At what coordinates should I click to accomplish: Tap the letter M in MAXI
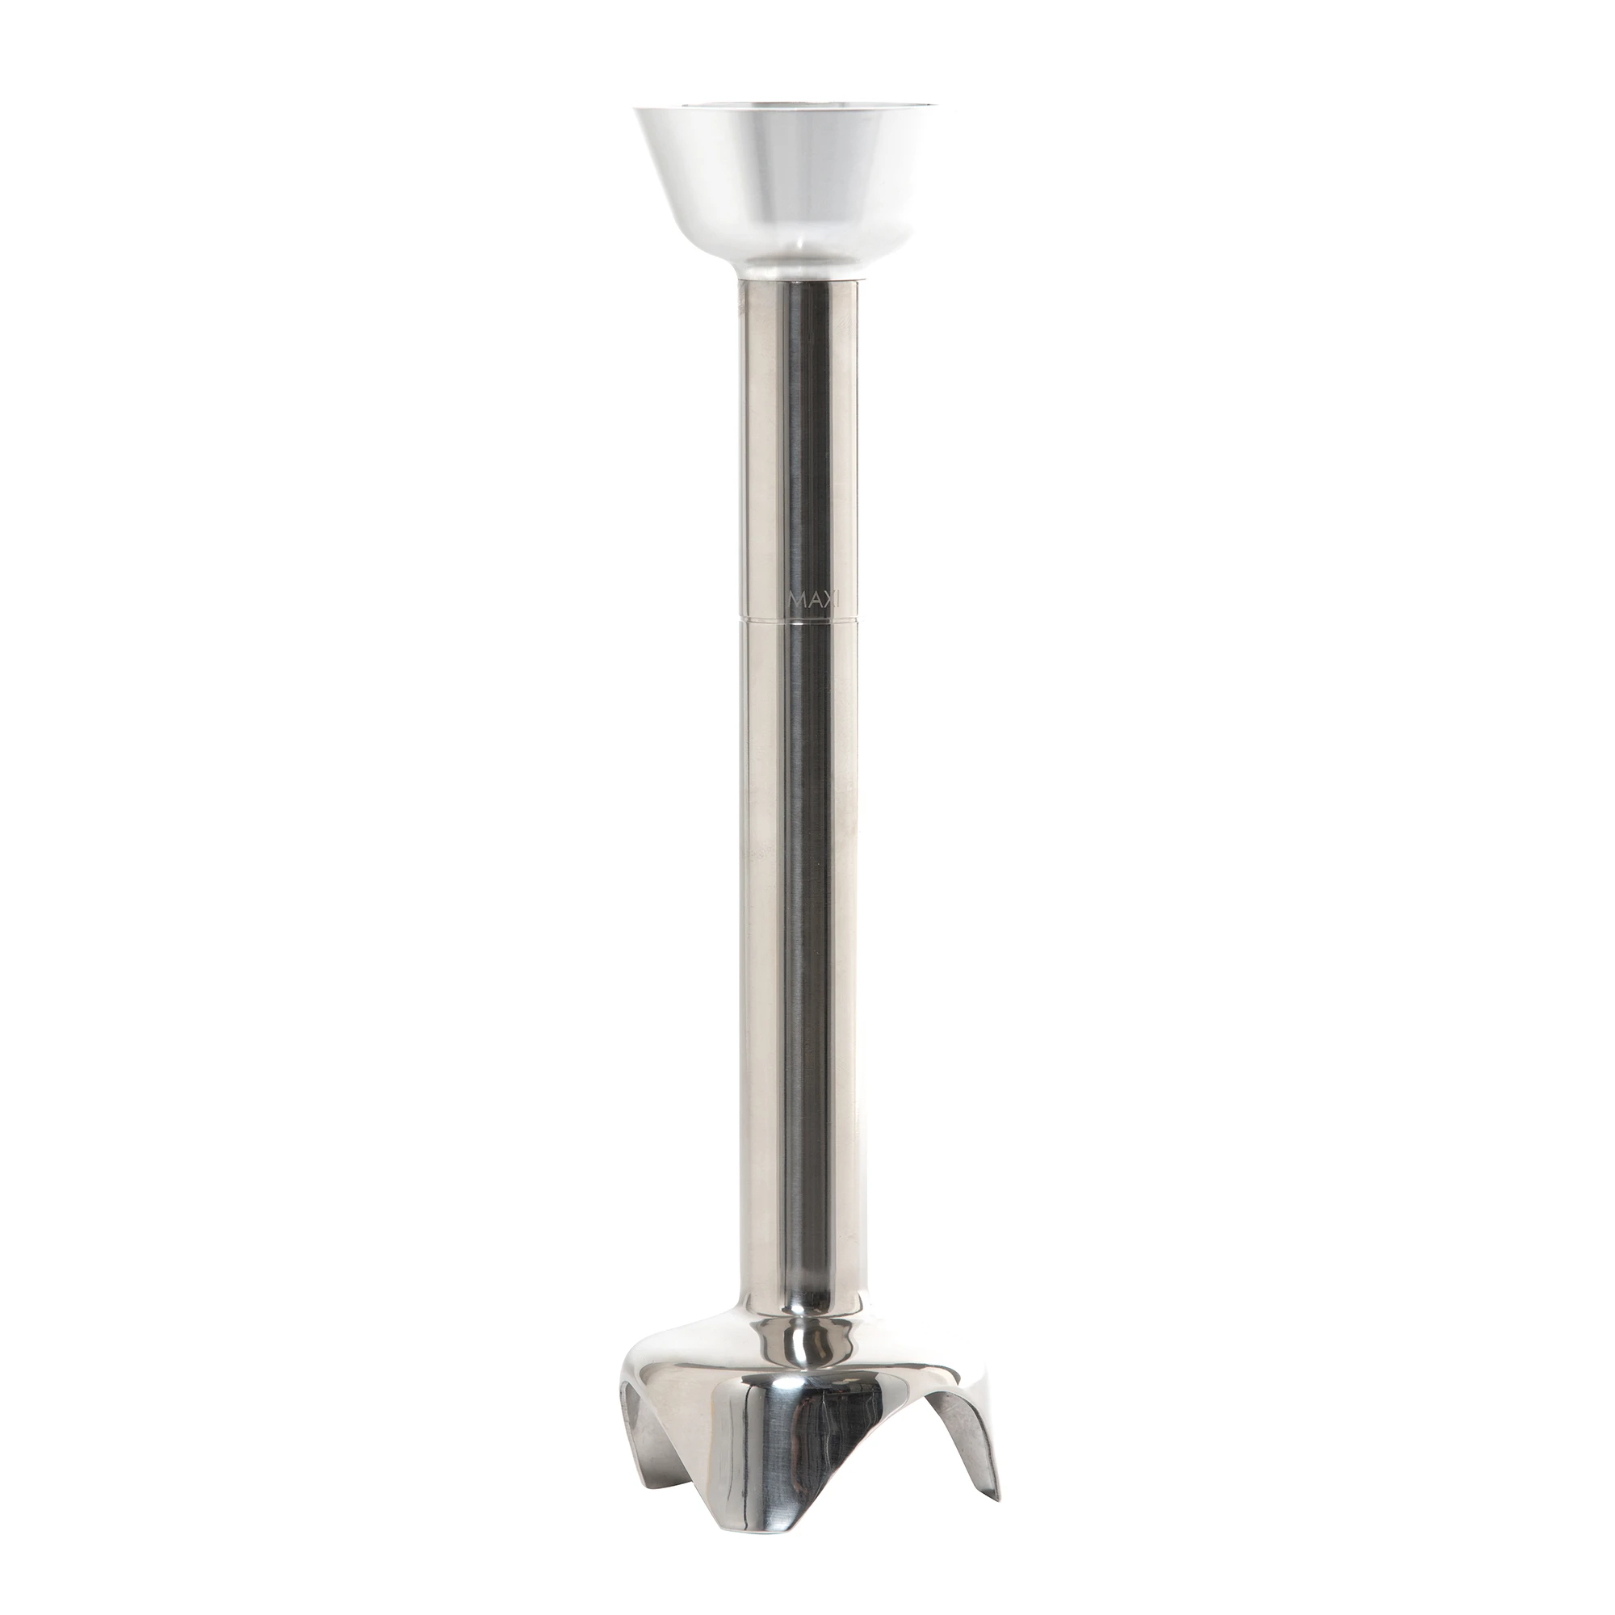point(797,598)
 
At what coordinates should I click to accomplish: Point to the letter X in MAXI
point(828,598)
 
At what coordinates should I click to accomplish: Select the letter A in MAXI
point(812,598)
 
